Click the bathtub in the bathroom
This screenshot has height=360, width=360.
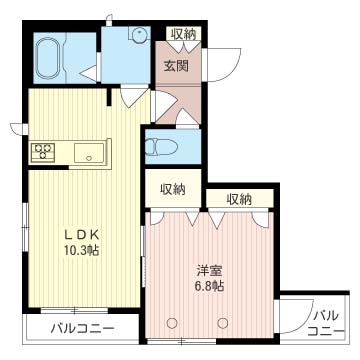pos(49,58)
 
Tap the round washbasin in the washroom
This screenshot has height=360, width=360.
pos(139,35)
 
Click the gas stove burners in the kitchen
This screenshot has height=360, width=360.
pos(43,152)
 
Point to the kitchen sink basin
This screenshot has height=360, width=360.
pos(89,153)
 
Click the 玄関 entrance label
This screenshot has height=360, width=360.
pos(176,66)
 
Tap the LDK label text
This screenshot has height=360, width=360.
pos(82,235)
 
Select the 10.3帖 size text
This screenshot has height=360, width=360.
pos(82,250)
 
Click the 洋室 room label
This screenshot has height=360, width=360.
pos(209,271)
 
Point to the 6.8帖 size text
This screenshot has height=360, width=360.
pos(210,286)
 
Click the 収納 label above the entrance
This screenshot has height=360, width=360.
pos(184,34)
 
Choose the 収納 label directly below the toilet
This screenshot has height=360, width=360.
pos(173,189)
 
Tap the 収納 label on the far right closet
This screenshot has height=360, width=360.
pos(239,199)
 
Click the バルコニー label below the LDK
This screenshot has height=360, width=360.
pos(82,329)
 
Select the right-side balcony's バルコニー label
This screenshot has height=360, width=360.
pos(325,323)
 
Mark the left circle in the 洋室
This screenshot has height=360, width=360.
pos(172,322)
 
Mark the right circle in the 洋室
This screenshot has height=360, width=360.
pos(223,322)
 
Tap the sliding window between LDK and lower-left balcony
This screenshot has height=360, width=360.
pos(74,310)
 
